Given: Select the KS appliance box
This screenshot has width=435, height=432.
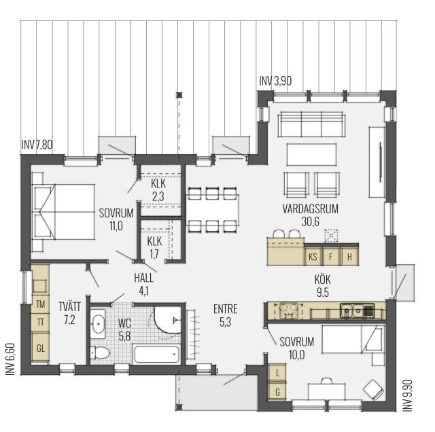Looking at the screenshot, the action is [313, 257].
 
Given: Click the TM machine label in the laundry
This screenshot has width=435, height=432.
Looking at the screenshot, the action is [41, 304].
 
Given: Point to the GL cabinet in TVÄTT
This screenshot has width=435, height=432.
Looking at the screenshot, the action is [41, 348].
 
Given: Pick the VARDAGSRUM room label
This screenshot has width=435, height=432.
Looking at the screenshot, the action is [311, 209].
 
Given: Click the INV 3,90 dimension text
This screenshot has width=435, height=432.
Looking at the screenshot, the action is [275, 82].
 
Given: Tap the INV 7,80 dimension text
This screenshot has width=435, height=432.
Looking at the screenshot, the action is [37, 145].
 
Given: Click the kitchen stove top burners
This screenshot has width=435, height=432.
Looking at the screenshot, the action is [288, 310].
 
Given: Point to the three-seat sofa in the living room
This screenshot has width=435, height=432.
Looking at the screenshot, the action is [312, 124].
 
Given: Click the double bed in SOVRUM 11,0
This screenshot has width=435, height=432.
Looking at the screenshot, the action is [63, 212].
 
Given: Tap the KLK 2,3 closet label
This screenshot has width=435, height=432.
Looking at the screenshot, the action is [158, 190].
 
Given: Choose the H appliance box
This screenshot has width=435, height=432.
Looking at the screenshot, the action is [349, 257].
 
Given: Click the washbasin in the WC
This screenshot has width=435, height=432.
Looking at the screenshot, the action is [98, 323].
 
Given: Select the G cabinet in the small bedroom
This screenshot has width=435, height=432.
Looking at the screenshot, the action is [277, 392].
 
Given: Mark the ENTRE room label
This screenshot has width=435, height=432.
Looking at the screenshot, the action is [225, 309].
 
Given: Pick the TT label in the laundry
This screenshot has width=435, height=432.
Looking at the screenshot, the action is [41, 322].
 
